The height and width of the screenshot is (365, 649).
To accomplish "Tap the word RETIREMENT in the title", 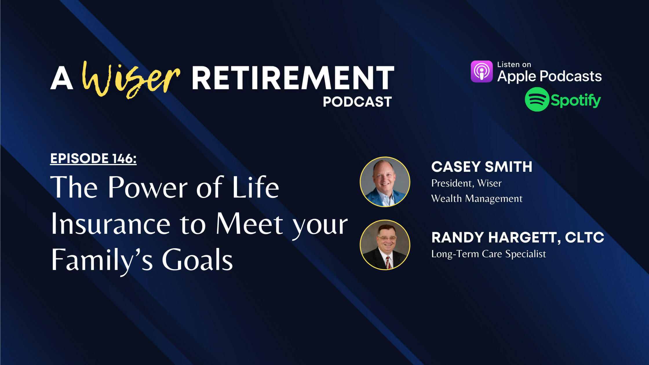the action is pyautogui.click(x=293, y=78).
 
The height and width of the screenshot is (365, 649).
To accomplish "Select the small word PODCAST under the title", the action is pyautogui.click(x=357, y=102).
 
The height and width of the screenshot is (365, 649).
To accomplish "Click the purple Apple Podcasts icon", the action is pyautogui.click(x=482, y=71).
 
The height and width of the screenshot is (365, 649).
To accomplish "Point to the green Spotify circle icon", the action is pyautogui.click(x=537, y=99).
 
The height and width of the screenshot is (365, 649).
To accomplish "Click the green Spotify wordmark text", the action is pyautogui.click(x=576, y=101).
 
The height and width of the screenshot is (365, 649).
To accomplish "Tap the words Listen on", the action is pyautogui.click(x=514, y=64).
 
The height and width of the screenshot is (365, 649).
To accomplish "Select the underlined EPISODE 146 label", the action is pyautogui.click(x=93, y=158).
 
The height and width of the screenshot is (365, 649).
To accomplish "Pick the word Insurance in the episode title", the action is pyautogui.click(x=110, y=224).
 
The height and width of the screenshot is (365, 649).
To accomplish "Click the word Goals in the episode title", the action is pyautogui.click(x=197, y=260).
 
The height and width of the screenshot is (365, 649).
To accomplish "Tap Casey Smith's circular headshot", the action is pyautogui.click(x=385, y=182).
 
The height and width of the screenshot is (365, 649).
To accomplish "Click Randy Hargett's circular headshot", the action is pyautogui.click(x=385, y=245).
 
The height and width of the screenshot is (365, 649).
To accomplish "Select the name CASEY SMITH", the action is pyautogui.click(x=482, y=167).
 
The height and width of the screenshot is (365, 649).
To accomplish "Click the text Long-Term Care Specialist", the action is pyautogui.click(x=488, y=254).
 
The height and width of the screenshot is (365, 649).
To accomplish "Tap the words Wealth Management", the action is pyautogui.click(x=477, y=198).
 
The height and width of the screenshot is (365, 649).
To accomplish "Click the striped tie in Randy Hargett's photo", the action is pyautogui.click(x=388, y=262).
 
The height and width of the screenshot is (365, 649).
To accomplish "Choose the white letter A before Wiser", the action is pyautogui.click(x=61, y=78).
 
